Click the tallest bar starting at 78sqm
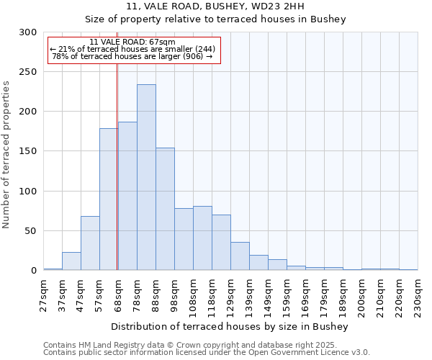click(146, 178)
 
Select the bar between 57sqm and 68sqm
click(109, 199)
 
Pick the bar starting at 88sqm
click(165, 209)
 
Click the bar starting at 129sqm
click(240, 256)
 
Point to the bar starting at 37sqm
click(71, 261)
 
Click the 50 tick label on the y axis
click(30, 231)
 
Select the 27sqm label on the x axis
click(44, 295)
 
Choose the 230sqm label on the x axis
click(418, 295)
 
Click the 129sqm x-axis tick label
click(231, 295)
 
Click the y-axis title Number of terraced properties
click(6, 155)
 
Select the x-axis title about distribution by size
click(230, 327)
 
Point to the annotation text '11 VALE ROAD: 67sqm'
click(132, 42)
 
